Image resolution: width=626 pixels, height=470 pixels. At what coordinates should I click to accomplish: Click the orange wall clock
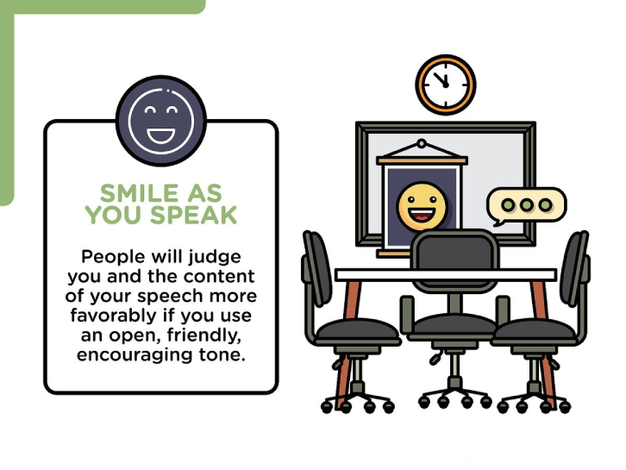[x=446, y=85]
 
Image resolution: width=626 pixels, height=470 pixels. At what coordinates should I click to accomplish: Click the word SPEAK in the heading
[x=194, y=215]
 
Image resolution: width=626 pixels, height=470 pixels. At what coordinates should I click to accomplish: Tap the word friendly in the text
[x=204, y=335]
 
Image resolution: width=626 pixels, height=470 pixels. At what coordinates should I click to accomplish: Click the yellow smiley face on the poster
[x=422, y=206]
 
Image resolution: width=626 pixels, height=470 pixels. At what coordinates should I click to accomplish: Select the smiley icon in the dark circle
[x=161, y=121]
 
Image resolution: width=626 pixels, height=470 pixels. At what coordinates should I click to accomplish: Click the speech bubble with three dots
[x=526, y=206]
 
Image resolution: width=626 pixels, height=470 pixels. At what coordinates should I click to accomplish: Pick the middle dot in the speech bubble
[x=527, y=205]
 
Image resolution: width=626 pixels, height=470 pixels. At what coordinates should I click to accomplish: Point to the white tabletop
[x=446, y=275]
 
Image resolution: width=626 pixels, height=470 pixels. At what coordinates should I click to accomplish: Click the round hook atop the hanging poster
[x=422, y=143]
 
